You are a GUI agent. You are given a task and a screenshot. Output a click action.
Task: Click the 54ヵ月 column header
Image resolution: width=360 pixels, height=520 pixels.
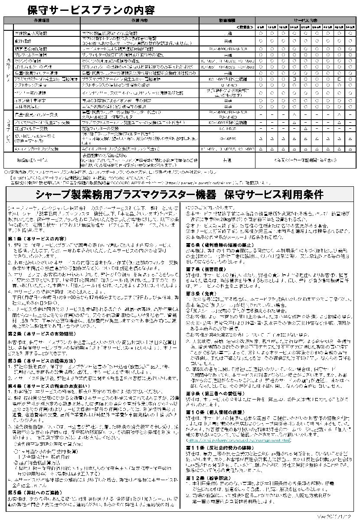(x=350, y=27)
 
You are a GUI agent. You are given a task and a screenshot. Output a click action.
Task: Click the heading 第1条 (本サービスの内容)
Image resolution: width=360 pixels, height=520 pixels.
(x=37, y=239)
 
